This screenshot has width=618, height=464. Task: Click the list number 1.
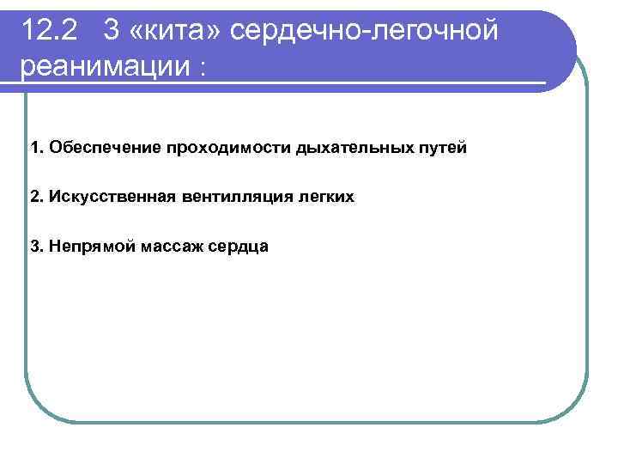pyautogui.click(x=35, y=148)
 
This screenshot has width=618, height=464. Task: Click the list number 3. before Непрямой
pyautogui.click(x=35, y=247)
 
